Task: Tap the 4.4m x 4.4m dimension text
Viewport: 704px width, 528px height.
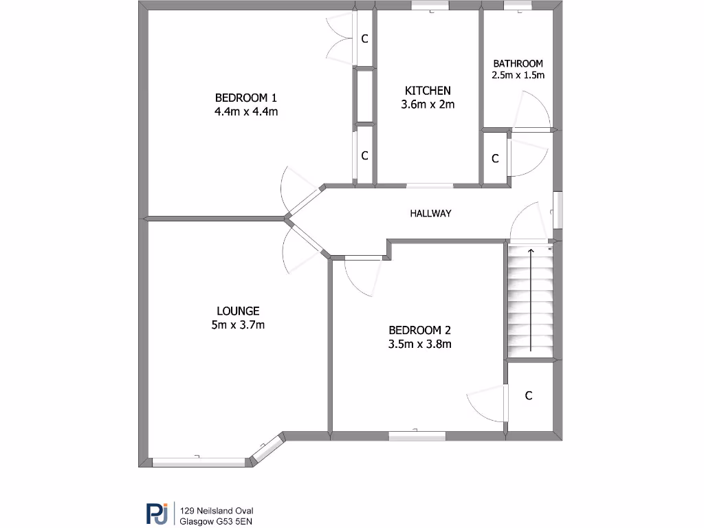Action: (x=245, y=111)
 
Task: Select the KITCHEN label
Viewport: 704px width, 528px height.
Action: (x=428, y=91)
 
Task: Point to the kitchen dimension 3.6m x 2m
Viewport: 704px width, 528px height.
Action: (x=428, y=104)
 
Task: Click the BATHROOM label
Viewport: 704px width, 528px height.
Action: (x=518, y=63)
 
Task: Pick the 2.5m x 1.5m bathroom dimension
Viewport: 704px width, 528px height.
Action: (x=518, y=75)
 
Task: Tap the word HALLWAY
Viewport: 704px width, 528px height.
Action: (x=430, y=213)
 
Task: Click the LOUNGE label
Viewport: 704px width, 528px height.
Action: (x=238, y=311)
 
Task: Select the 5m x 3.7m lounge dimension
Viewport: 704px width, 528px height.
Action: (x=238, y=325)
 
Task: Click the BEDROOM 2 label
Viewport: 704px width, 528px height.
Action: (x=419, y=329)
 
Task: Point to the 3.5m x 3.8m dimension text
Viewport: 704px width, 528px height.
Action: (x=419, y=344)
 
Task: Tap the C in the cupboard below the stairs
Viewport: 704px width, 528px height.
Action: (x=529, y=395)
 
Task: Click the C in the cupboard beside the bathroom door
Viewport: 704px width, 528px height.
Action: (x=495, y=159)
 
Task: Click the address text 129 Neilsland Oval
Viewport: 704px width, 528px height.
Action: (x=217, y=510)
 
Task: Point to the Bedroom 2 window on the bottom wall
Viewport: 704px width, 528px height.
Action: (x=417, y=434)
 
